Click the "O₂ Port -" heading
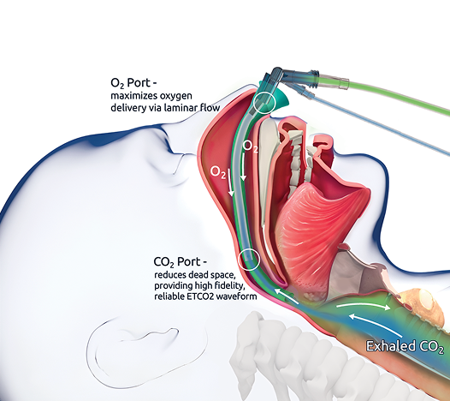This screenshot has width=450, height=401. pos(134,83)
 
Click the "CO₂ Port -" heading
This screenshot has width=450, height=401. pos(181,262)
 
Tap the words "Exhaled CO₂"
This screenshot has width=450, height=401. pos(405,346)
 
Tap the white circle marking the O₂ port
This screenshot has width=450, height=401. pos(264,102)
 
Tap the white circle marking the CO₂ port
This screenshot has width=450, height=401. pos(249,260)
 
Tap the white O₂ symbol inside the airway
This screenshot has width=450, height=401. pos(250,146)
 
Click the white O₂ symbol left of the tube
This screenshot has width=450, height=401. pos(218,172)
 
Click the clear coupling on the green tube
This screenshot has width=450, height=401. pos(333,81)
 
